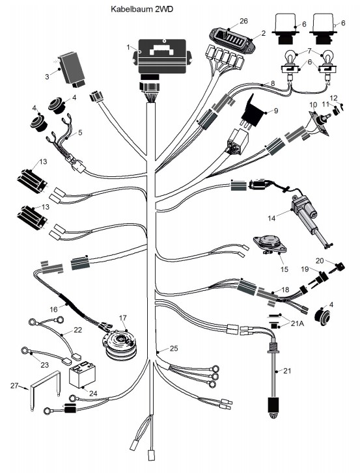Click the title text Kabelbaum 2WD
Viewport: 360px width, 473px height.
click(x=142, y=9)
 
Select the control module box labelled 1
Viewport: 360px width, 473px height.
click(x=162, y=57)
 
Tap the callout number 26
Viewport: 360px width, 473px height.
click(x=243, y=21)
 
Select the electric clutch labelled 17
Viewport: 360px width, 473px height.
click(x=121, y=345)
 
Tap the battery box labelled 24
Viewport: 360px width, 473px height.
click(x=82, y=375)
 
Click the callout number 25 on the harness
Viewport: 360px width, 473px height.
click(x=174, y=349)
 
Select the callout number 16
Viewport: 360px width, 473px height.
click(x=53, y=310)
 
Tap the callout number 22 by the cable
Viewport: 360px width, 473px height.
click(x=77, y=330)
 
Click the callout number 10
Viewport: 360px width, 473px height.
click(x=313, y=105)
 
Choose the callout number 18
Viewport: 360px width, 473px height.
click(x=285, y=290)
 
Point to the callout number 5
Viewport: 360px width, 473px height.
click(x=80, y=133)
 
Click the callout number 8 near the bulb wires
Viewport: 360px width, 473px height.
click(x=273, y=83)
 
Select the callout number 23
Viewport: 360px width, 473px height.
click(x=45, y=365)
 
